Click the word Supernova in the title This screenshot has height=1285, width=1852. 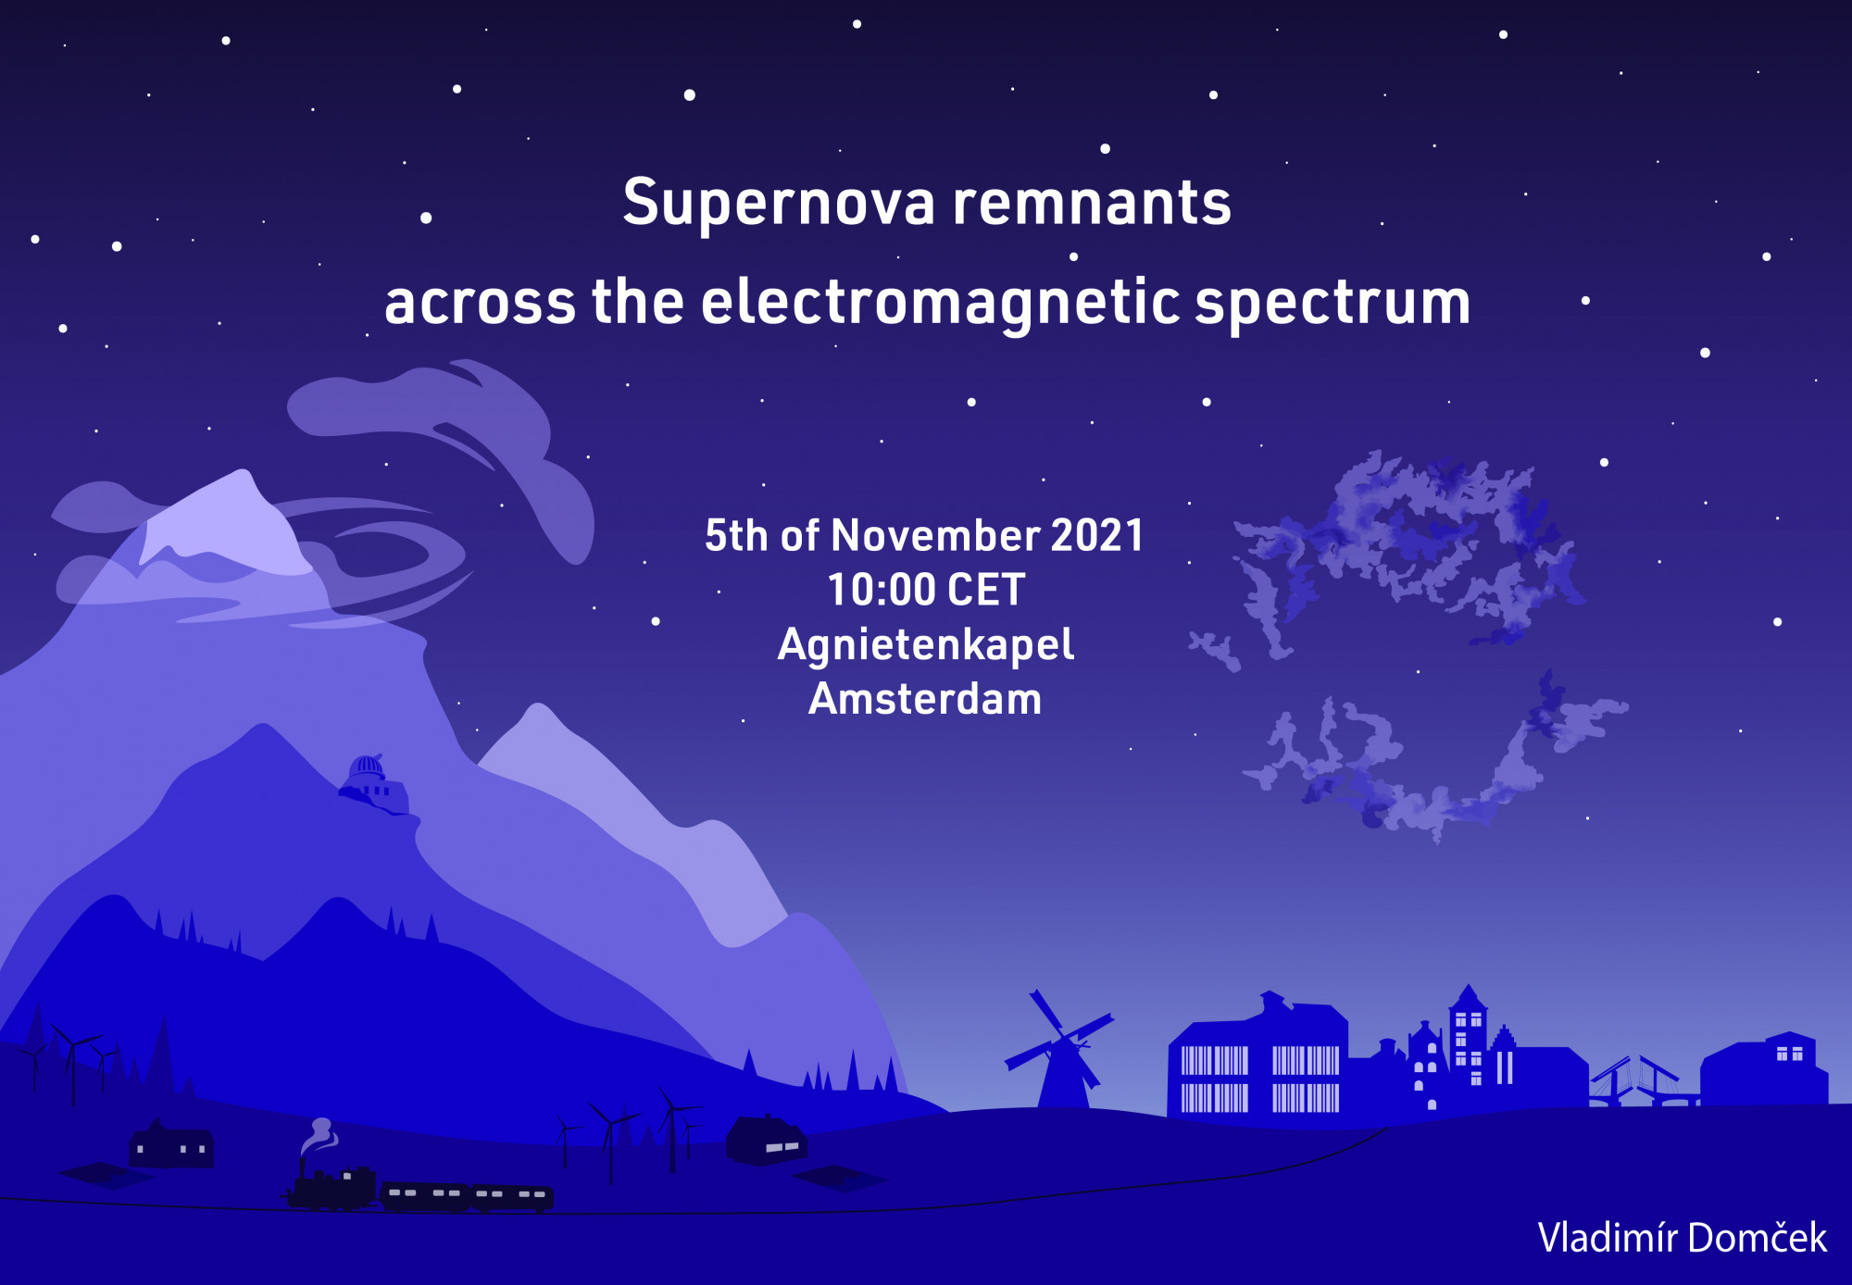779,203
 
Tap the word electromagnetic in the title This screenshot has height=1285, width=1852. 940,304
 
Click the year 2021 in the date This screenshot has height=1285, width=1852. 1097,535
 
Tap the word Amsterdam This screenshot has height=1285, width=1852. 925,699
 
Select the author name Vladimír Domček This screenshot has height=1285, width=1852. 1682,1238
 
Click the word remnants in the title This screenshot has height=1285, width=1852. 1092,203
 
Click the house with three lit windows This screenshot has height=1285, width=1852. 171,1144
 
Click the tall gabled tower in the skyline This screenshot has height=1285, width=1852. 1468,1046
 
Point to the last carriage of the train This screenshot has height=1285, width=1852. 512,1196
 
